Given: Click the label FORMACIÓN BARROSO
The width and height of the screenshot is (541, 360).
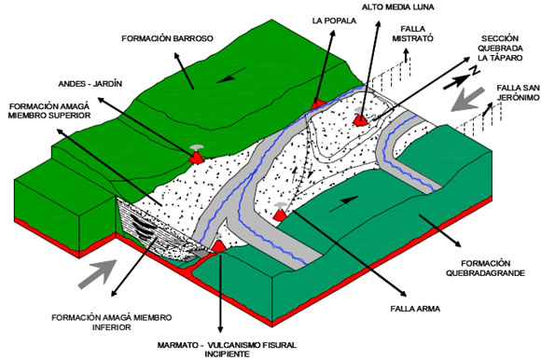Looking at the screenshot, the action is pos(167,38).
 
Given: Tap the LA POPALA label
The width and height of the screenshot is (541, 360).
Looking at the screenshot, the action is pos(334,21).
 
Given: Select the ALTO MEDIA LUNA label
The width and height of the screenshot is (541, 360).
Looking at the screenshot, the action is pos(397,7).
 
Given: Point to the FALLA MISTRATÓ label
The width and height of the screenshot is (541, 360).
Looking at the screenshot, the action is pos(412,34).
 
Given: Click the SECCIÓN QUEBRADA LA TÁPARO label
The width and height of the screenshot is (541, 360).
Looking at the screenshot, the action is pos(500,48).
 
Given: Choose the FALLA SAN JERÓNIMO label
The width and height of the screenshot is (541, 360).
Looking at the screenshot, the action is pos(518,92).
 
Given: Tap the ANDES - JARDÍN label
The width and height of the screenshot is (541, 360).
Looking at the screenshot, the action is pos(90,84).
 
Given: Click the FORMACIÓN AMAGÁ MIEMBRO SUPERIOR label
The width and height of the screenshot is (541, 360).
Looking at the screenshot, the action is pos(49,110).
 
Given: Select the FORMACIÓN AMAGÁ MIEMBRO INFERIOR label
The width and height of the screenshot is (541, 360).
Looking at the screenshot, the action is pos(111,322).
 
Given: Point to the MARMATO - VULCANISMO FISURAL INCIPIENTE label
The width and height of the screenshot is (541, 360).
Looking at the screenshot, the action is pos(227,350).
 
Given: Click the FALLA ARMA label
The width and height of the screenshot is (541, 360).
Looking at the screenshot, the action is pos(415,309).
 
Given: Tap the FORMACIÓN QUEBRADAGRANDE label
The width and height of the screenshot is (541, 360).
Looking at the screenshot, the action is pos(485,269).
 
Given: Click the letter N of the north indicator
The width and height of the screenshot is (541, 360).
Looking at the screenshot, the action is pos(475,71).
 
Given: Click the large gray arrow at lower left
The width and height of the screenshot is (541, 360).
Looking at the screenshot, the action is pos(98,273).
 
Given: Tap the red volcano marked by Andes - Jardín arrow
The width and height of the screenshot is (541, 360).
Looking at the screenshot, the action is pos(197,158).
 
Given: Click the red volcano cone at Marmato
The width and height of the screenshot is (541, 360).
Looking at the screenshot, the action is pos(218,247).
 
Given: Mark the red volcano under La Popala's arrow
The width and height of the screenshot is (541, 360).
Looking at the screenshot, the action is pos(317,104).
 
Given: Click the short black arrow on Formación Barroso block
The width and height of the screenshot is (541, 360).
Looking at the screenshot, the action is pos(231,75).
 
